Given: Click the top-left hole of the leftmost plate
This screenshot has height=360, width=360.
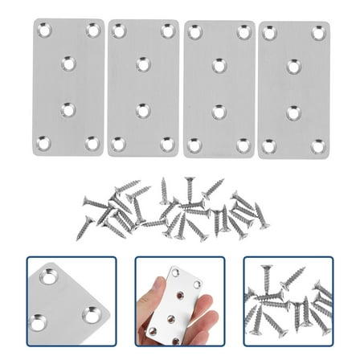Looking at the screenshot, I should click(44, 31).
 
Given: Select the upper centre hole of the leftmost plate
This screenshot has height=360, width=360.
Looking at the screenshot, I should click(68, 62).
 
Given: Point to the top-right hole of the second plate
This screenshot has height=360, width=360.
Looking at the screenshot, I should click(167, 31).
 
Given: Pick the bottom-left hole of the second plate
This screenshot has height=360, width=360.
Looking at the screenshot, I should click(119, 144).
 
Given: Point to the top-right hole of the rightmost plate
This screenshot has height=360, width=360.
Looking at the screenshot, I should click(319, 33).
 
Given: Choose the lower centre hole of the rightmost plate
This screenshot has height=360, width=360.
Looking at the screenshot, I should click(294, 112).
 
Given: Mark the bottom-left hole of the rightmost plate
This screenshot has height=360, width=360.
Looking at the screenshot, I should click(270, 146).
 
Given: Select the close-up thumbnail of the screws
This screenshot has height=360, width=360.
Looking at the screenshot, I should click(287, 301).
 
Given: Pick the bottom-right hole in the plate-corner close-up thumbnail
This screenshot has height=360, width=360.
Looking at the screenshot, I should click(93, 314).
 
